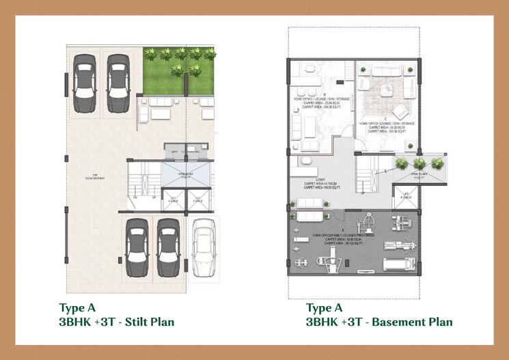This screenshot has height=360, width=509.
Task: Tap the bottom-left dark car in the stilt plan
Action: click(137, 249)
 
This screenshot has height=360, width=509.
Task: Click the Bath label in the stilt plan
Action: click(175, 152)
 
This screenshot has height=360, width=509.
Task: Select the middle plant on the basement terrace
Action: click(419, 163)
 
